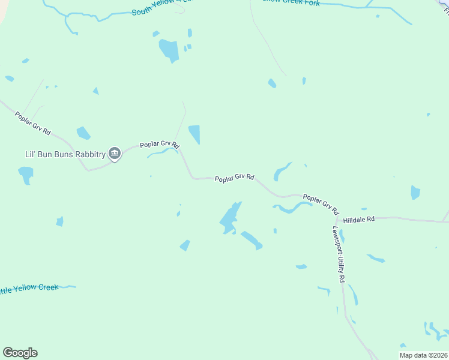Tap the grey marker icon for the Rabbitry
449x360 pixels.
(115, 154)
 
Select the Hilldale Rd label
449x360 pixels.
(359, 220)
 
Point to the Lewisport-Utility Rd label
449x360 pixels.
(337, 254)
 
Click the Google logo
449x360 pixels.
(20, 353)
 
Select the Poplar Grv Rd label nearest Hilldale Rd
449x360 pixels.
(321, 205)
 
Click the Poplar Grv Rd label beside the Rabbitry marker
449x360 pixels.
(160, 145)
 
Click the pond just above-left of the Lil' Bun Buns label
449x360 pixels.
(83, 133)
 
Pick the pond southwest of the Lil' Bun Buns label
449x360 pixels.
(26, 175)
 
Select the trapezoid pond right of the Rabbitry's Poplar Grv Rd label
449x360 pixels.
(194, 134)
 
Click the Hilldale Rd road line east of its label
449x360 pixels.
(414, 221)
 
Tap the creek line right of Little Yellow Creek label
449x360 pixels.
(67, 287)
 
